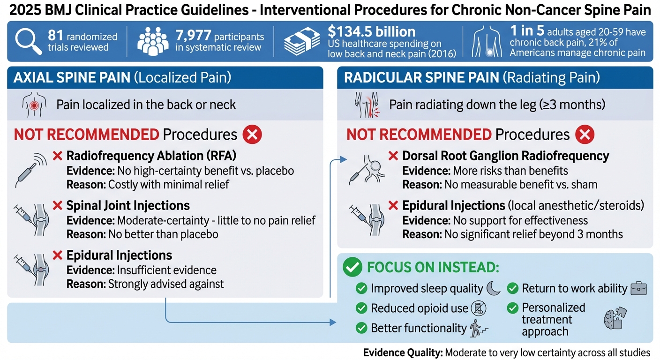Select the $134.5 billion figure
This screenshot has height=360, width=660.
point(371,31)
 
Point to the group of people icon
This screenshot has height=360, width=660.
point(153,42)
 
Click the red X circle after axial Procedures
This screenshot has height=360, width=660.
point(252,135)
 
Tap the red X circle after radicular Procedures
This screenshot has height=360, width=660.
point(584,135)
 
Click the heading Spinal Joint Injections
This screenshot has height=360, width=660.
point(128,205)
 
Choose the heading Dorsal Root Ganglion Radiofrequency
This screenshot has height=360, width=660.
point(506,156)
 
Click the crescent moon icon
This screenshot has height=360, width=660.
point(494,288)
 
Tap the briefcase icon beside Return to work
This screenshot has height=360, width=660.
point(638,288)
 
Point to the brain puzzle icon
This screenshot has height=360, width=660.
point(614,319)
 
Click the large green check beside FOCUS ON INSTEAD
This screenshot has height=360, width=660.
point(352,267)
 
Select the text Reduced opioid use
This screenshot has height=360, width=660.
point(419,308)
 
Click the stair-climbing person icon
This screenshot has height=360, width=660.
point(478,328)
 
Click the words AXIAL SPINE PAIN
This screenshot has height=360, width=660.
point(72,77)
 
